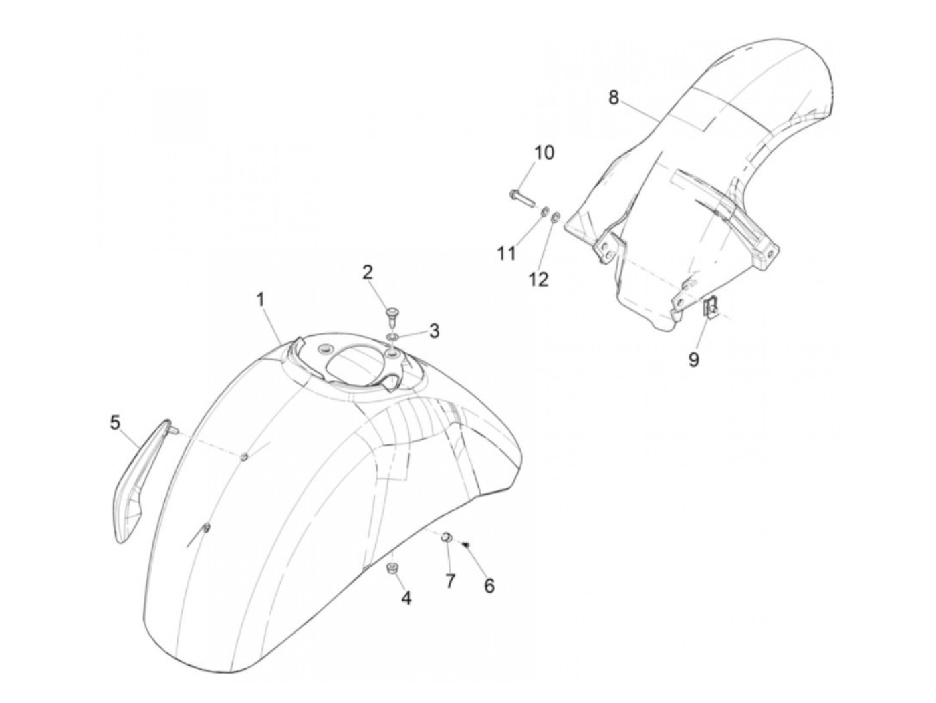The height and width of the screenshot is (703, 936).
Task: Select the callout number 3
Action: (435, 330)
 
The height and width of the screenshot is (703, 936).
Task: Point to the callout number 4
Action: (406, 598)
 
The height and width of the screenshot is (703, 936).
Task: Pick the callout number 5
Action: (115, 422)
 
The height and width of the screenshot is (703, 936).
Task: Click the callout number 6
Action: (489, 585)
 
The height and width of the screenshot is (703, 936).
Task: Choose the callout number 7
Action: (450, 581)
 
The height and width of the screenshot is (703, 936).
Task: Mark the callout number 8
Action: (614, 98)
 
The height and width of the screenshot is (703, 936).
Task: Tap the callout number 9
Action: (694, 360)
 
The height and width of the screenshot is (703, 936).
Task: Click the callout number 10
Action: (544, 152)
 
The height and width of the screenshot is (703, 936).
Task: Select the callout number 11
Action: (507, 253)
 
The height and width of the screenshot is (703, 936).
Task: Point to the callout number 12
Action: (539, 278)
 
